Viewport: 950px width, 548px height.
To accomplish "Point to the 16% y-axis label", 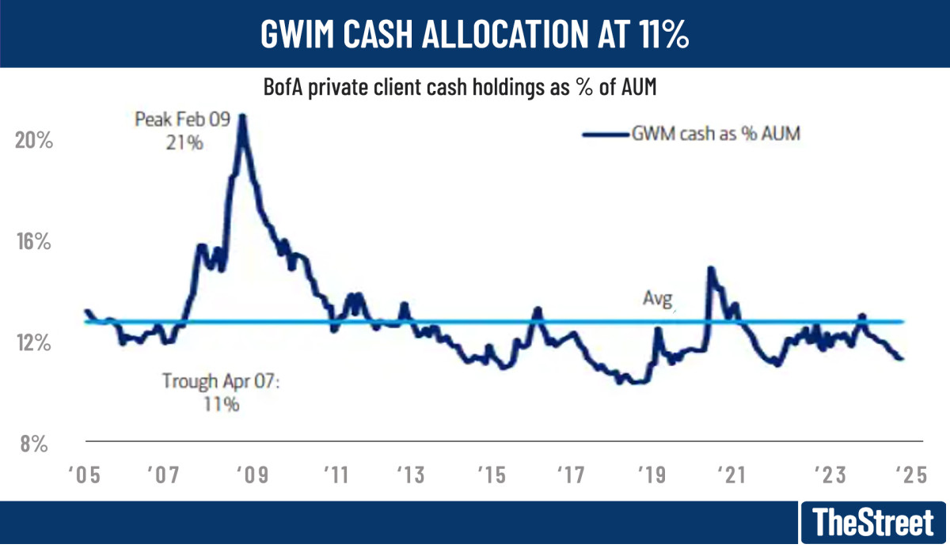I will point(33,242).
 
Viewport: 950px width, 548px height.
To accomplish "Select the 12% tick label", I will point(33,343).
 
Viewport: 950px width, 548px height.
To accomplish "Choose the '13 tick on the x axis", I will point(410,475).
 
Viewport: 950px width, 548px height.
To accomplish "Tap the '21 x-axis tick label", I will point(731,475).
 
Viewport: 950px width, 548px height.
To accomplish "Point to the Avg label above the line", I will point(656,299).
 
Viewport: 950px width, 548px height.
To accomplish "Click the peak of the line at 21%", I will point(241,115).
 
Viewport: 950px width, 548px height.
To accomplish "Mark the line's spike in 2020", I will point(710,268).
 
